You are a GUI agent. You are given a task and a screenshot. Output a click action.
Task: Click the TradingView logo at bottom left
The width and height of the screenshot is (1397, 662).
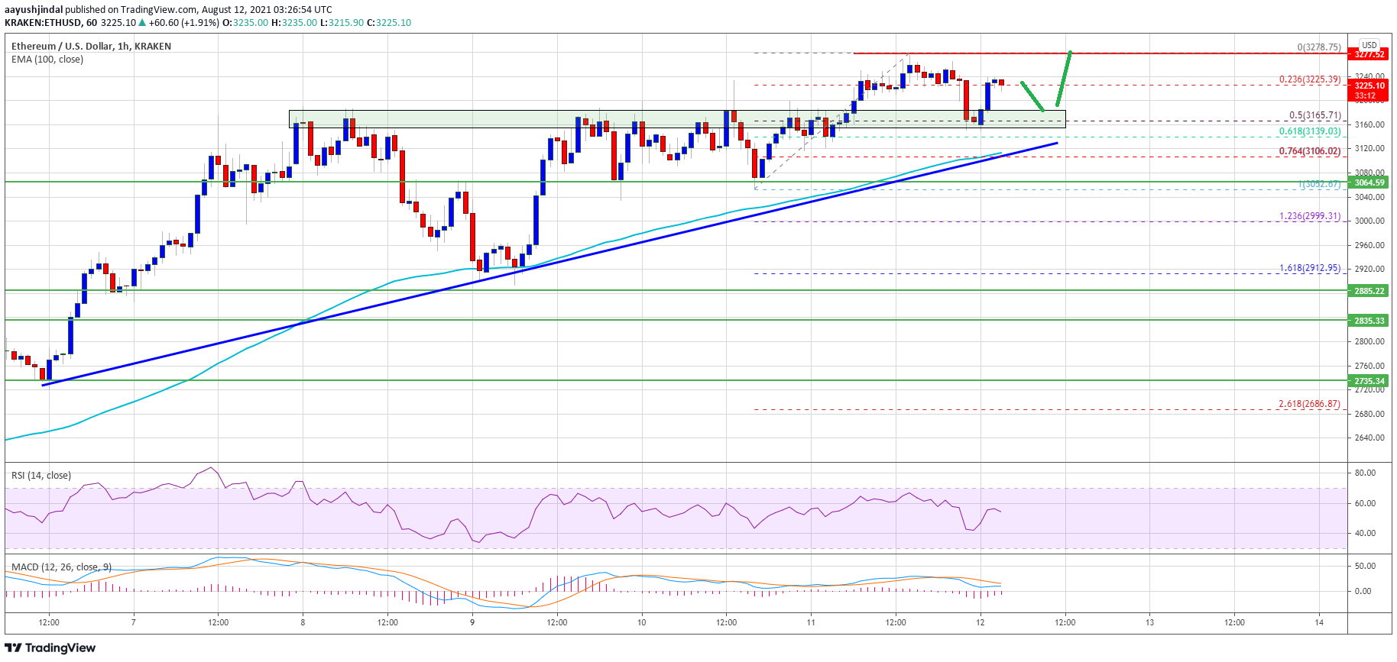tap(50, 648)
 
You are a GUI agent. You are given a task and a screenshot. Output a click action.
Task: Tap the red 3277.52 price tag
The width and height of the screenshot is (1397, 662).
tap(1369, 54)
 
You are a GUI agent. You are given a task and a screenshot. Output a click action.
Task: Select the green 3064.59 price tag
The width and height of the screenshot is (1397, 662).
tap(1369, 182)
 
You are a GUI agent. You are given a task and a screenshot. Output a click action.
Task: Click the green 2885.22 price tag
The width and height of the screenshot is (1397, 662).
tap(1369, 291)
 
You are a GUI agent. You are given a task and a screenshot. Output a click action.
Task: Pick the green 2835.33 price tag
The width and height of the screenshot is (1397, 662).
tap(1369, 321)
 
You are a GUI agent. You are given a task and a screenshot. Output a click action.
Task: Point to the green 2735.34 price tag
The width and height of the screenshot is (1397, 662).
tap(1369, 381)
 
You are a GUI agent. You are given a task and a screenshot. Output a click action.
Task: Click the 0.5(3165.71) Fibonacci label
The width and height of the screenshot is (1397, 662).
tap(1314, 116)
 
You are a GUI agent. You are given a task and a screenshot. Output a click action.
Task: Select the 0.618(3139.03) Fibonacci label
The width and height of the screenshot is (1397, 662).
tap(1310, 132)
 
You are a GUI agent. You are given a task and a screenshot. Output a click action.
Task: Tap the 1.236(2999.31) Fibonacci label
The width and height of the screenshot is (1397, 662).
tap(1310, 217)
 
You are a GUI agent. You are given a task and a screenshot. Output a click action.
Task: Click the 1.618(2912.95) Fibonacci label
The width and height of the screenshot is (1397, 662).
tap(1310, 269)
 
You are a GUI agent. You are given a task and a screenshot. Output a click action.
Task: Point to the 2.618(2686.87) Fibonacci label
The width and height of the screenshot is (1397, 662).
tap(1310, 404)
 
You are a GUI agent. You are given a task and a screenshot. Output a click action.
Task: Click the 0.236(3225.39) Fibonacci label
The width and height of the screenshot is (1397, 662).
tap(1310, 79)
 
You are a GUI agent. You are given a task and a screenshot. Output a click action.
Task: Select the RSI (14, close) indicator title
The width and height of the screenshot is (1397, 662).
tap(41, 476)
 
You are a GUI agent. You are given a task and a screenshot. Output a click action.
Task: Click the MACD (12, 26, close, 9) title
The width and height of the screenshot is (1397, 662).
tap(61, 567)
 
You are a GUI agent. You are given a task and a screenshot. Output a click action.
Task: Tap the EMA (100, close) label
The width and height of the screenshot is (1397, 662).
tap(47, 60)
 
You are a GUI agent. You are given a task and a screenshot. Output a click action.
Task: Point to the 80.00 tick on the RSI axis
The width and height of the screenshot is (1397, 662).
tap(1365, 473)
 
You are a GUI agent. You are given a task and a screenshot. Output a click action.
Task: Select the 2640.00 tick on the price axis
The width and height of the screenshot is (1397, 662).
tap(1369, 438)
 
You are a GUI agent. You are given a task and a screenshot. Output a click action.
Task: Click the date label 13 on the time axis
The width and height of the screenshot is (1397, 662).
tap(1149, 622)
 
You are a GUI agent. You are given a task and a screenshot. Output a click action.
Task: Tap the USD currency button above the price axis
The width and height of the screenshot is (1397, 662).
tap(1369, 45)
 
